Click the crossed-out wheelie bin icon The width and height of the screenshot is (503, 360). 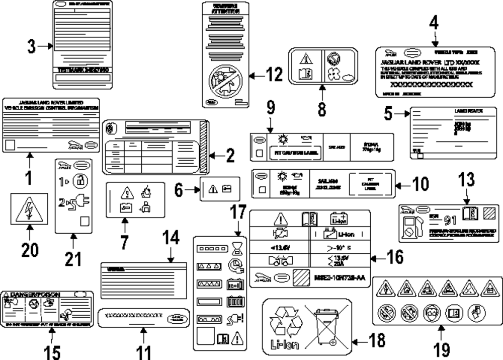tap(326, 326)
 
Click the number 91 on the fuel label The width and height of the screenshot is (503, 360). tap(450, 220)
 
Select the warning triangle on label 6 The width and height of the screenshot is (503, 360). tap(213, 189)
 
